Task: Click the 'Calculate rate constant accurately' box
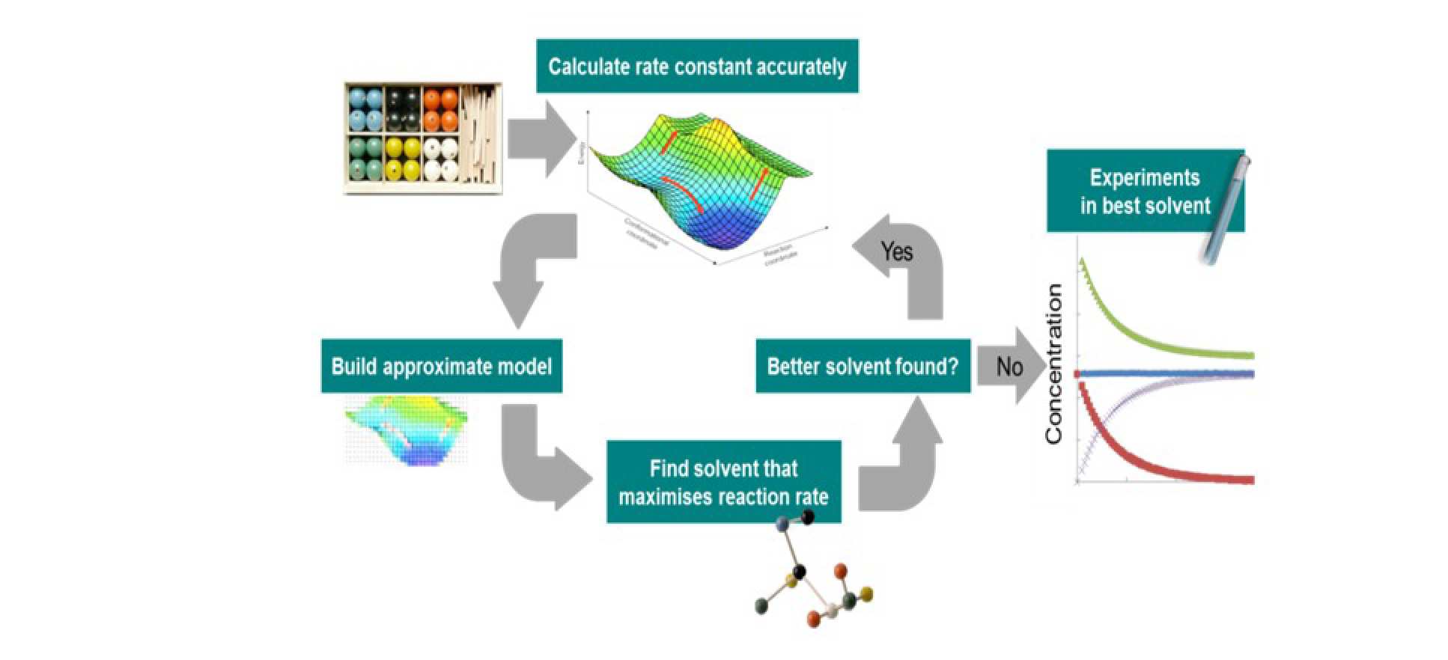[x=696, y=67]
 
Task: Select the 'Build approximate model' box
[x=441, y=367]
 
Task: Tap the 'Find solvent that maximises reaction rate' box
[x=723, y=482]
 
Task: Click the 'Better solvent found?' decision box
[x=863, y=367]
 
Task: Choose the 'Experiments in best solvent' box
[x=1144, y=192]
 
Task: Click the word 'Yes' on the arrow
[x=896, y=252]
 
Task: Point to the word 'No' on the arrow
[x=1009, y=367]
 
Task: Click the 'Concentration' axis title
[x=1053, y=364]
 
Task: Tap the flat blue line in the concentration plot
[x=1168, y=373]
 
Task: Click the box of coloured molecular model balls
[x=422, y=138]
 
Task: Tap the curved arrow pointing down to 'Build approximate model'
[x=528, y=266]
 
